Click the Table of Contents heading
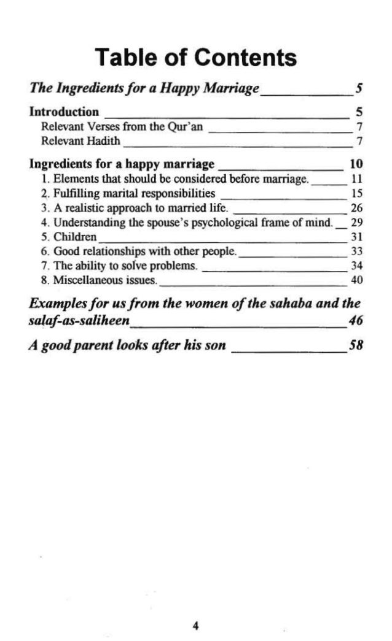tap(196, 58)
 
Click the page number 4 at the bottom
tap(195, 609)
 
